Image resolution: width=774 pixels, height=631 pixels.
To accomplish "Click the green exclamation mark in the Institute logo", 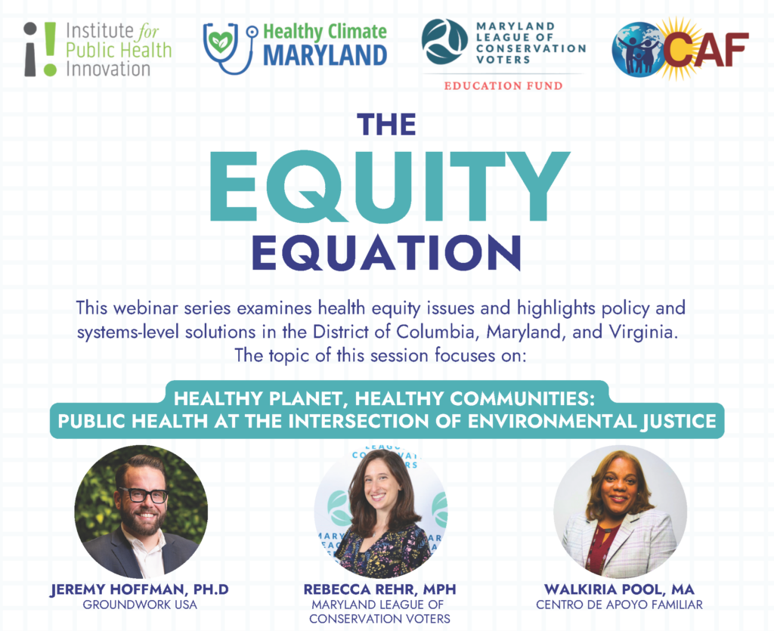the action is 50,49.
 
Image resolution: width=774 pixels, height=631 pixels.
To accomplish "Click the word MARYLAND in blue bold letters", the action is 325,55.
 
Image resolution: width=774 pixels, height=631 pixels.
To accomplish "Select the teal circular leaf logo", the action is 444,42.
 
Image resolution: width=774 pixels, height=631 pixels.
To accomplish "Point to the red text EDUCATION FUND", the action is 503,86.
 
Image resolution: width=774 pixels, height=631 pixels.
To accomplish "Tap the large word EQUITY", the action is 389,187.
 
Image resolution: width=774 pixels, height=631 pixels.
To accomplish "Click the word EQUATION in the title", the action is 386,252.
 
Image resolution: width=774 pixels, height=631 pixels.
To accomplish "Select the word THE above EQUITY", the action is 386,125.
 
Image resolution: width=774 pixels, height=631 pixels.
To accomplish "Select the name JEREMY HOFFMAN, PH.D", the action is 140,589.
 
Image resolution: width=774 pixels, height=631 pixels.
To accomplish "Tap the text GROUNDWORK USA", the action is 140,605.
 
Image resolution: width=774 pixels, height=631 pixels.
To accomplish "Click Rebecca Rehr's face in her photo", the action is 381,485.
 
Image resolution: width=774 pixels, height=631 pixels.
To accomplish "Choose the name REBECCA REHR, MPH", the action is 379,589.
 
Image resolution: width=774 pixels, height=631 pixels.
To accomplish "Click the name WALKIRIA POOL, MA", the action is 619,589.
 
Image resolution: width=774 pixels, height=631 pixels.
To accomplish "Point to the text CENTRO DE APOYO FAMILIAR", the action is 619,605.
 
